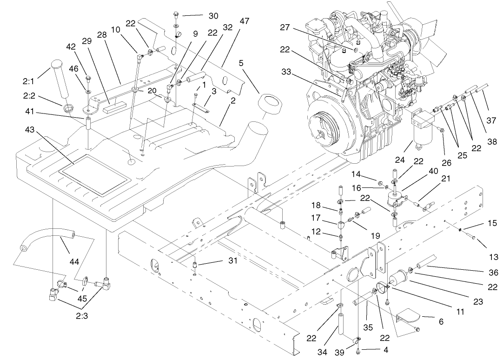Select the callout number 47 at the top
pyautogui.click(x=245, y=21)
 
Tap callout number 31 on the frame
pyautogui.click(x=232, y=261)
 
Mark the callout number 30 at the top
pyautogui.click(x=213, y=15)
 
